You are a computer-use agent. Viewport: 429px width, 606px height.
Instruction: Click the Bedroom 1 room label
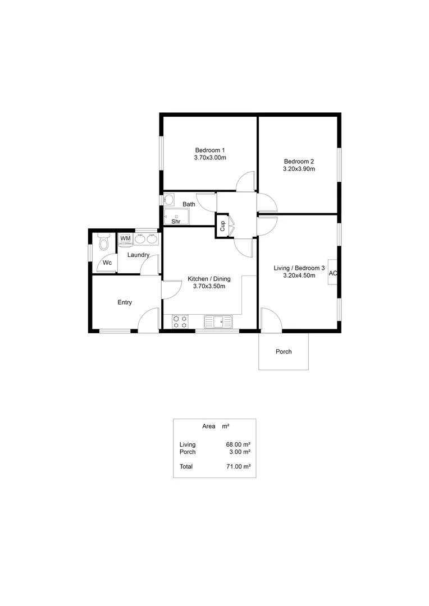click(210, 150)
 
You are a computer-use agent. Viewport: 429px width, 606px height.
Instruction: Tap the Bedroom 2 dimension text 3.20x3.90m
click(299, 168)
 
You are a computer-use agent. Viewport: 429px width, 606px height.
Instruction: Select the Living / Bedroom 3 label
click(299, 268)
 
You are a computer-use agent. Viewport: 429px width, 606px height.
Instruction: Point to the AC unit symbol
click(332, 273)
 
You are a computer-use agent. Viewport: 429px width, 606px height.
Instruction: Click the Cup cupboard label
click(222, 226)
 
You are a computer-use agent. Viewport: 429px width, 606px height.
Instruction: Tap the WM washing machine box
click(125, 238)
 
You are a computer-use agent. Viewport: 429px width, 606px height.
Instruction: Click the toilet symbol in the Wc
click(103, 242)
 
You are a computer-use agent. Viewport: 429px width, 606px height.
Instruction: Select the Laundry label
click(138, 255)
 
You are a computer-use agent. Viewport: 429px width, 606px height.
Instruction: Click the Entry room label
click(125, 302)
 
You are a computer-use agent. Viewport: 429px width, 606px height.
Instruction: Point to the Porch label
click(284, 352)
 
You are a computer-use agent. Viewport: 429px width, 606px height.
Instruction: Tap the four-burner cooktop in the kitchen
click(180, 322)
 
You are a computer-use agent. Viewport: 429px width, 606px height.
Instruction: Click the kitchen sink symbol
click(218, 322)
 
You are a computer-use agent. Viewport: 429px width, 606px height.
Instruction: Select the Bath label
click(189, 204)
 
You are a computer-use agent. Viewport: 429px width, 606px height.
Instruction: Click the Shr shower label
click(175, 221)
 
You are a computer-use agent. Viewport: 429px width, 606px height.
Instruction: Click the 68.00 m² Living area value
click(238, 444)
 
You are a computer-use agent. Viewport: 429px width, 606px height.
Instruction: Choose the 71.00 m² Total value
click(238, 466)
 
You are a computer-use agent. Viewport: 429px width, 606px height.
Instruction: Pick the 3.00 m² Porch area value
click(239, 452)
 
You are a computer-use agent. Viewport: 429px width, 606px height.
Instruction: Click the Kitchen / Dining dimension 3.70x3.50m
click(209, 286)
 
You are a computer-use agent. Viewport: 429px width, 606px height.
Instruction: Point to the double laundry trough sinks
click(145, 238)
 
